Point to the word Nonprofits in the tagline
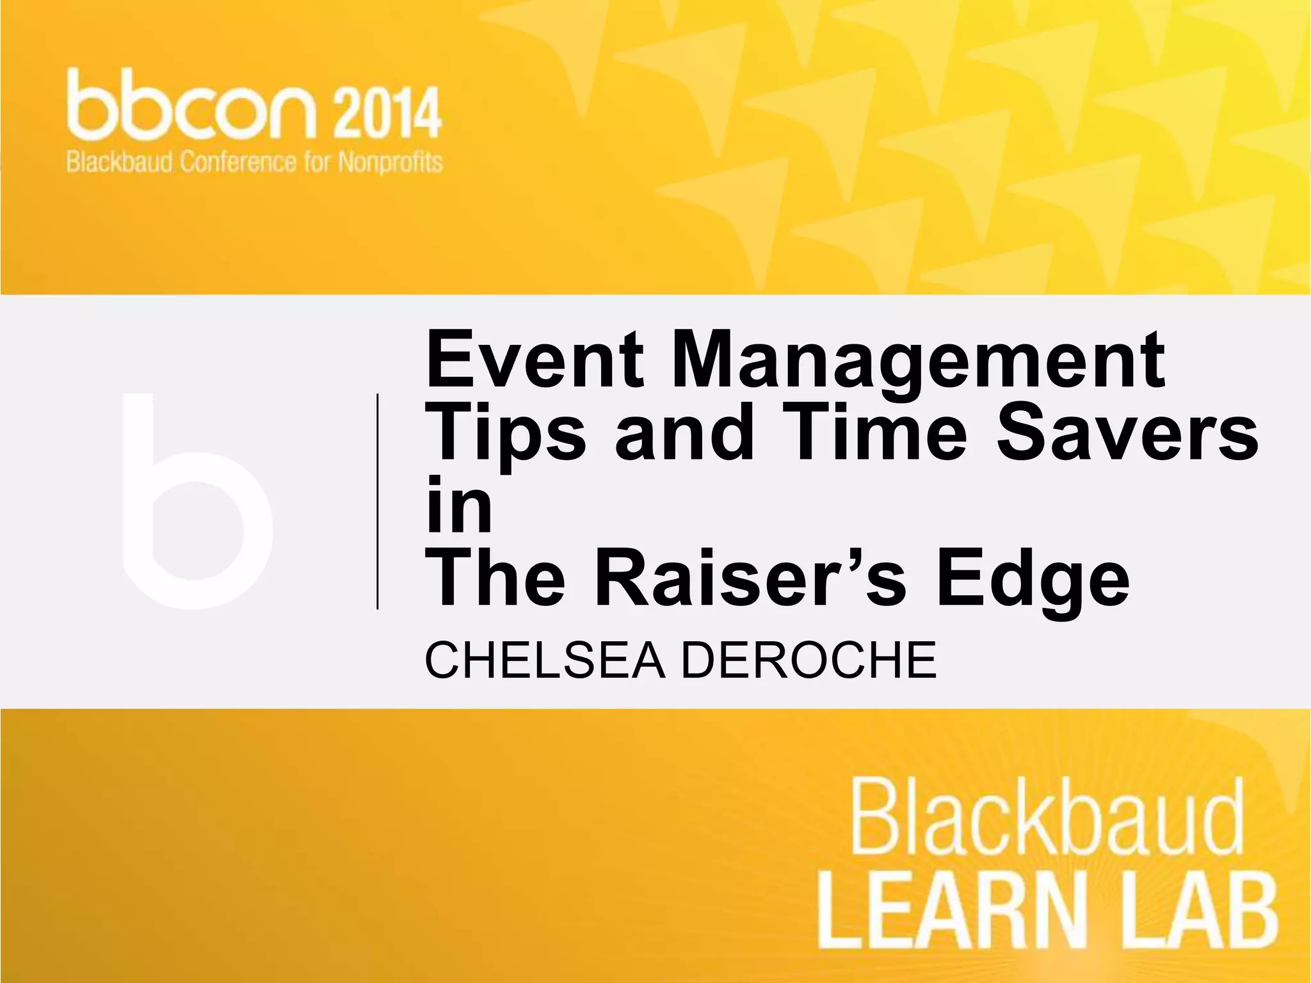[390, 163]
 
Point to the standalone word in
[458, 505]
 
